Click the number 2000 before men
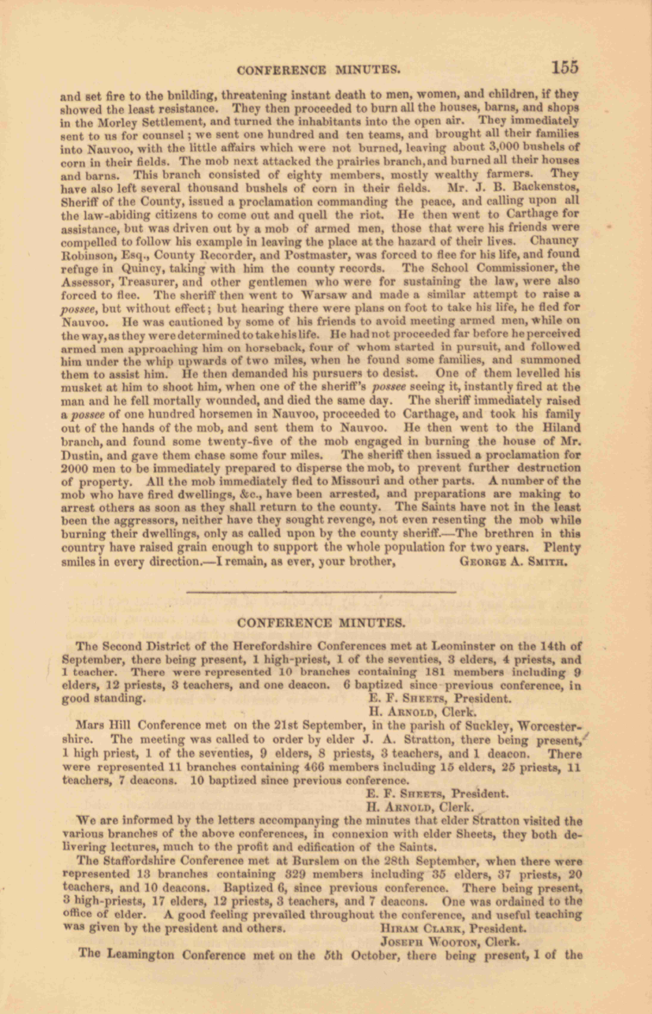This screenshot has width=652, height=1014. [74, 469]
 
